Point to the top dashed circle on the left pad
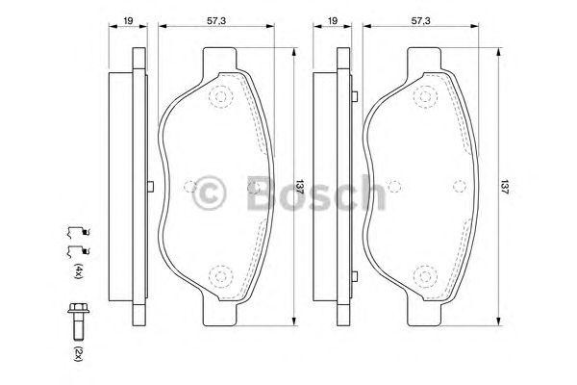pyautogui.click(x=223, y=96)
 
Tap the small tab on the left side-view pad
pyautogui.click(x=150, y=187)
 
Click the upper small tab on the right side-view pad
pyautogui.click(x=357, y=95)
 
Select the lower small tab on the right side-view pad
pyautogui.click(x=357, y=279)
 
